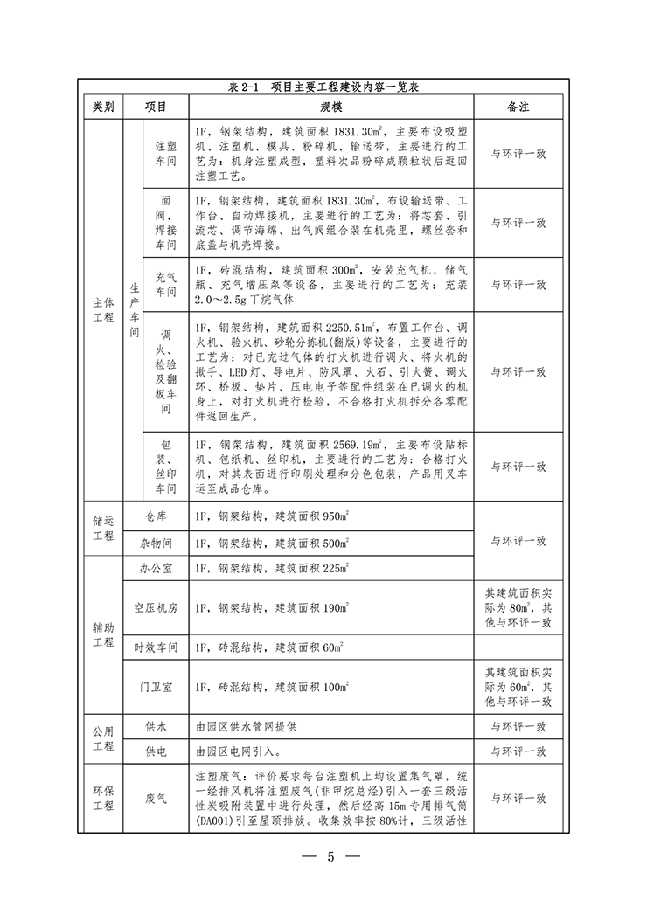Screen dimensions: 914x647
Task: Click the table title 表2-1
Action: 324,87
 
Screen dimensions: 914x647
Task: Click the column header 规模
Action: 330,107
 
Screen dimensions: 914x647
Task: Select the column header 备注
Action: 518,107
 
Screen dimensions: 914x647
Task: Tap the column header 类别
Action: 103,107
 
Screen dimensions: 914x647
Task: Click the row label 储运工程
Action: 103,529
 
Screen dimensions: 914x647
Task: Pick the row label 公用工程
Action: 103,738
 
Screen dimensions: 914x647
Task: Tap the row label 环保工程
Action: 103,799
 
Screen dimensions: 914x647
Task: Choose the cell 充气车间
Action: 165,284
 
